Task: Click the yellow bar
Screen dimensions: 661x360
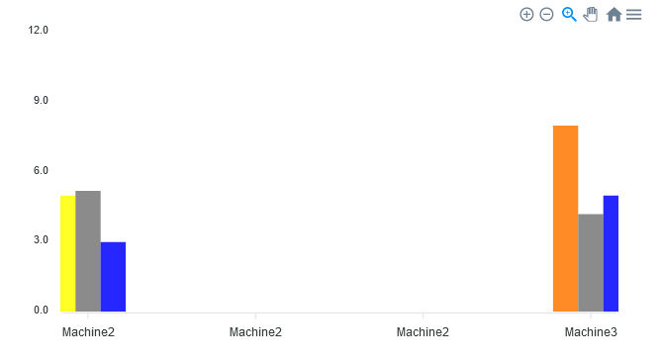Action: (67, 253)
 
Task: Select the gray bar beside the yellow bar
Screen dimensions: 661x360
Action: (88, 251)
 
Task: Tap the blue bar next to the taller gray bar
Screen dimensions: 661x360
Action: (113, 277)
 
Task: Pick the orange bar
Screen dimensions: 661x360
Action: (565, 219)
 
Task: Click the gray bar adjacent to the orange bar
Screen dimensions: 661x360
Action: (591, 263)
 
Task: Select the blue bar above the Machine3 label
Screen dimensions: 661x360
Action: (611, 253)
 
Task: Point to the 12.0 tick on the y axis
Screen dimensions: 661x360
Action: (40, 30)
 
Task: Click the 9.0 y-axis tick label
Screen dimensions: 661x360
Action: (40, 100)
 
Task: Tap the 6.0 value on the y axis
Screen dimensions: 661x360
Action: (40, 170)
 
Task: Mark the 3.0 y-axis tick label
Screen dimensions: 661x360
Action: (40, 239)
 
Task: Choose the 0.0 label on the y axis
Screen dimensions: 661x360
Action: (40, 310)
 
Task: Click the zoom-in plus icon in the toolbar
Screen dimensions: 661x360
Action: (526, 15)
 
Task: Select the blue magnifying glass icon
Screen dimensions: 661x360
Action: (569, 15)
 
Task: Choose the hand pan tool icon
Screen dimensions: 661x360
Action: (591, 15)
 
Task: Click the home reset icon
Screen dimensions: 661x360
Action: (614, 15)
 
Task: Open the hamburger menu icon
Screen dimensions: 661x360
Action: (634, 15)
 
